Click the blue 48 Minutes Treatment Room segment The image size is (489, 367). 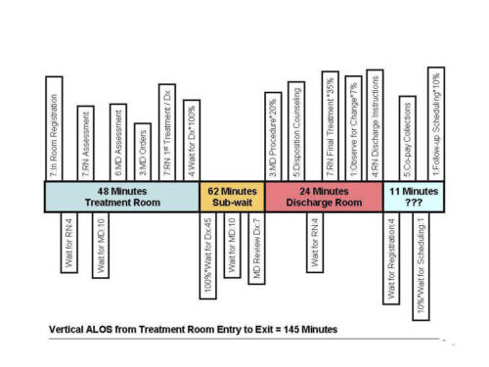click(122, 197)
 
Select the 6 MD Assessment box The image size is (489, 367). click(117, 143)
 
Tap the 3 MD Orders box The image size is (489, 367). click(142, 152)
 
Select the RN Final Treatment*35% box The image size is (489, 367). click(330, 126)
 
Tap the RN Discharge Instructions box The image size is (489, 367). click(375, 125)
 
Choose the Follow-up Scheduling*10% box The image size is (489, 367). click(435, 124)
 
